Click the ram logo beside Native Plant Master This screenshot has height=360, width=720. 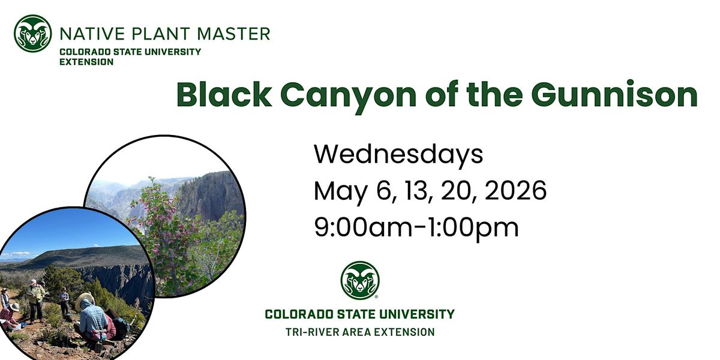[x=33, y=34]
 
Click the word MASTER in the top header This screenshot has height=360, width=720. [x=233, y=34]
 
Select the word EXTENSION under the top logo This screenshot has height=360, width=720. [x=86, y=62]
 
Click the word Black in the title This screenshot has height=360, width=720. [x=224, y=95]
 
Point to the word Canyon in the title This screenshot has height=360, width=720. [x=349, y=97]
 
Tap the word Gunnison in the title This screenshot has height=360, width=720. [x=614, y=95]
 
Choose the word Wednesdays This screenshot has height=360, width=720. [x=398, y=155]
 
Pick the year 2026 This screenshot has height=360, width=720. [x=515, y=191]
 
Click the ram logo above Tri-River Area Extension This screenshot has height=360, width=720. [x=360, y=280]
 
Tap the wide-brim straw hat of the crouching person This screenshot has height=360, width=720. [x=85, y=299]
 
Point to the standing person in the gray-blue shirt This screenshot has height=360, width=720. [x=64, y=301]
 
